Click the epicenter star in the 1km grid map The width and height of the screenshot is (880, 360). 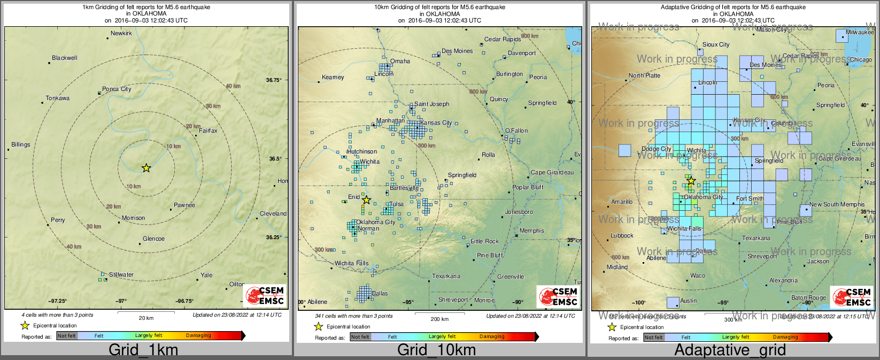pyautogui.click(x=146, y=168)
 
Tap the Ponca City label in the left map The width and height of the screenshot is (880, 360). pyautogui.click(x=117, y=89)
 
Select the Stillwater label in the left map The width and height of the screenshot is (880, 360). pyautogui.click(x=121, y=275)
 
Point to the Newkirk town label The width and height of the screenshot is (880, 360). pyautogui.click(x=121, y=34)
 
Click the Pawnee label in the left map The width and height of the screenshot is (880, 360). pyautogui.click(x=184, y=205)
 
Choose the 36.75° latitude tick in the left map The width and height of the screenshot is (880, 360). pyautogui.click(x=274, y=80)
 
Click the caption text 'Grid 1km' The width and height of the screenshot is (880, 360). pyautogui.click(x=143, y=350)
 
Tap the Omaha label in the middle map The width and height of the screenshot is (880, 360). pyautogui.click(x=400, y=62)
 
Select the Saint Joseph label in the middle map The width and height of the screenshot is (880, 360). pyautogui.click(x=431, y=104)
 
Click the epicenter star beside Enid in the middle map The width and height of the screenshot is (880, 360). pyautogui.click(x=366, y=200)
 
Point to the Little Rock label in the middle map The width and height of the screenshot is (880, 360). pyautogui.click(x=484, y=242)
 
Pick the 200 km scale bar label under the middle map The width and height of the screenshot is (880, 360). pyautogui.click(x=439, y=319)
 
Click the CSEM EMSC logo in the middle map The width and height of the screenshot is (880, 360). pyautogui.click(x=558, y=296)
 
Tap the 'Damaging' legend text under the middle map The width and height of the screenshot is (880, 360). pyautogui.click(x=492, y=337)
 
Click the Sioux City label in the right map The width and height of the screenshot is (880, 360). pyautogui.click(x=716, y=45)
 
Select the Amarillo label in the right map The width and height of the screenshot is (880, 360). pyautogui.click(x=622, y=202)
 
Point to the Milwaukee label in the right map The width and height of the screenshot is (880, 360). pyautogui.click(x=860, y=33)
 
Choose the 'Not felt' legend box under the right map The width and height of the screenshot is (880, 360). pyautogui.click(x=654, y=338)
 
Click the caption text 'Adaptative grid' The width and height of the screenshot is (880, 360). pyautogui.click(x=730, y=350)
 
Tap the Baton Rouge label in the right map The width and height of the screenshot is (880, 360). pyautogui.click(x=808, y=298)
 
